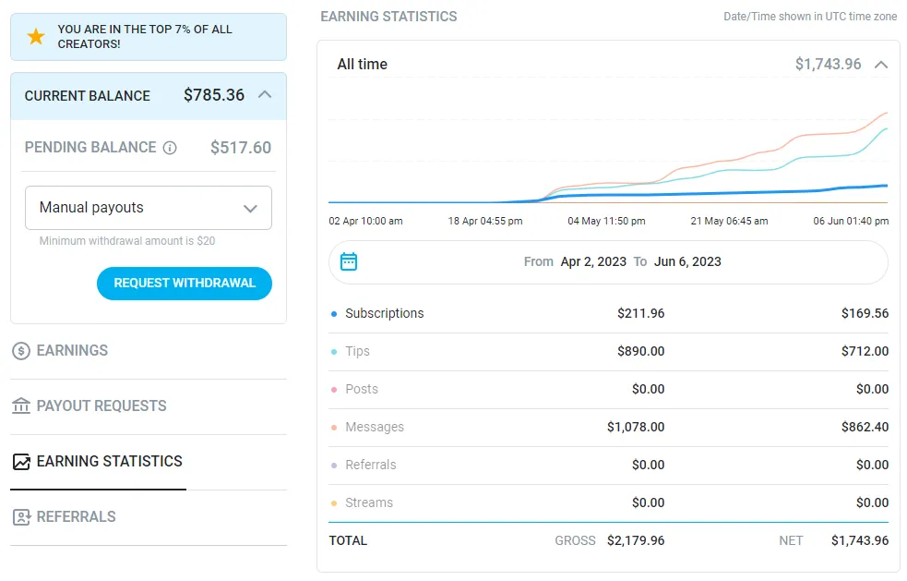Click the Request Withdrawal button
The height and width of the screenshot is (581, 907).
(x=185, y=284)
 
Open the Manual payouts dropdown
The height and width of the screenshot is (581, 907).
(x=149, y=208)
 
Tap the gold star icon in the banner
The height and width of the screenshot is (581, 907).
(x=36, y=37)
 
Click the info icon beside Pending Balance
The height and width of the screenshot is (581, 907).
(x=170, y=148)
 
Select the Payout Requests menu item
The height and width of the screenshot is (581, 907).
(x=101, y=406)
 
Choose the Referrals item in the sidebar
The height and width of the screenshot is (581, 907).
(x=76, y=517)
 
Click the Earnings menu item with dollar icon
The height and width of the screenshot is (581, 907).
(x=72, y=351)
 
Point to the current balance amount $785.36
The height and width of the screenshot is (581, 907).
(x=214, y=95)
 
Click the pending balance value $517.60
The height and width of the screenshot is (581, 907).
(x=241, y=148)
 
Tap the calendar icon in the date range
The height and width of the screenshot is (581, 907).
(x=349, y=261)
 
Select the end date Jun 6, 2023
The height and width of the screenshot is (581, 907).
(x=687, y=261)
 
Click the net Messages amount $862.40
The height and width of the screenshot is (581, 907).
(x=865, y=427)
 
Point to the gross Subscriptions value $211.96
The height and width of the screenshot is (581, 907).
(x=641, y=313)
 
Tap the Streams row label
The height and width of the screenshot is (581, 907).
(x=369, y=502)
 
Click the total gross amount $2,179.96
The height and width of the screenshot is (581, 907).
(x=636, y=540)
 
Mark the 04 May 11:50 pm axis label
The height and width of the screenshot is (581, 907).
(x=606, y=222)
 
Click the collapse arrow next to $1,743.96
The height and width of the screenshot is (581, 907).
(x=881, y=65)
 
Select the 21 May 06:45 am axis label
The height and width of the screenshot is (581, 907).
(x=729, y=222)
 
